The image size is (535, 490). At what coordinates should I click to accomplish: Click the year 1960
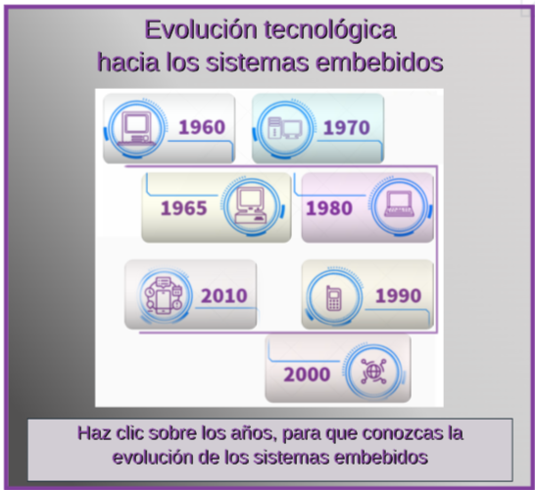[202, 127]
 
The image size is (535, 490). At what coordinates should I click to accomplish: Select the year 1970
[346, 128]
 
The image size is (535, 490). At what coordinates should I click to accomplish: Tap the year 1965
[183, 208]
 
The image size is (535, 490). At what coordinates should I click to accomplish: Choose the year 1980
[328, 208]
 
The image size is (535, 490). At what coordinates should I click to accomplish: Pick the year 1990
[398, 295]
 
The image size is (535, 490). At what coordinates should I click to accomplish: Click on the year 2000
[307, 375]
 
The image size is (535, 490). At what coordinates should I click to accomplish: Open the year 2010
[223, 295]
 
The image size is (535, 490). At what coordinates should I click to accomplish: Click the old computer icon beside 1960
[136, 129]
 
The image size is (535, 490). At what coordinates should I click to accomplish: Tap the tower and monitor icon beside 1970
[285, 128]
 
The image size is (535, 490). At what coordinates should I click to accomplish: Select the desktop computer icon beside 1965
[251, 205]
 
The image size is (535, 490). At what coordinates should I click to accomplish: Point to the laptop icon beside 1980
[400, 203]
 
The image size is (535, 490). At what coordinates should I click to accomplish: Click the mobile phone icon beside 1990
[334, 298]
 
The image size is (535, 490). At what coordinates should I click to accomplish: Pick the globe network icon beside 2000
[373, 371]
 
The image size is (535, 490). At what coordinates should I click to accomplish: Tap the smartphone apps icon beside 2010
[164, 295]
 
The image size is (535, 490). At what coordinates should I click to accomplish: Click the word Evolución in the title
[201, 29]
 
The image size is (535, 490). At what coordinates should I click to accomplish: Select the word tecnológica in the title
[330, 31]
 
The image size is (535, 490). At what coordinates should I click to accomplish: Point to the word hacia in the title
[128, 63]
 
